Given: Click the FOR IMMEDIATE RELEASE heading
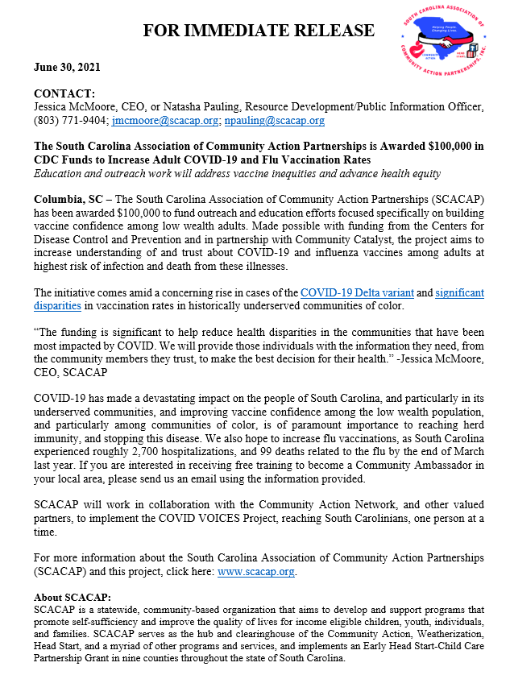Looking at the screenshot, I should tap(259, 31).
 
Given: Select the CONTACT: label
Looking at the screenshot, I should tap(64, 93).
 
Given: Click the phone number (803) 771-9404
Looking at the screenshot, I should tap(64, 121).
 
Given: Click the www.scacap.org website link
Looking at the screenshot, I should tap(256, 571).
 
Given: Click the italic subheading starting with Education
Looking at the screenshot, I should tap(238, 174).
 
